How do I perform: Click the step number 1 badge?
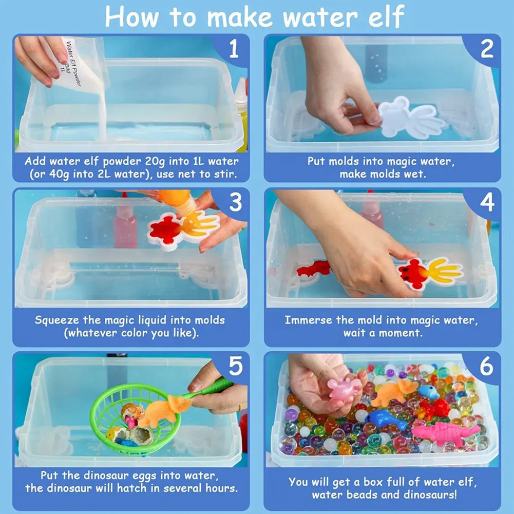click(234, 49)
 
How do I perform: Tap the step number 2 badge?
click(487, 49)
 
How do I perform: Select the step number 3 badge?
click(235, 202)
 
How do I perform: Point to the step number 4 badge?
click(487, 202)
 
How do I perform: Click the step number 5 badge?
click(235, 366)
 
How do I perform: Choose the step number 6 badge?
click(486, 366)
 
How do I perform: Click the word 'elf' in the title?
click(387, 16)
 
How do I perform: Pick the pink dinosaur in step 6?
click(445, 432)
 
